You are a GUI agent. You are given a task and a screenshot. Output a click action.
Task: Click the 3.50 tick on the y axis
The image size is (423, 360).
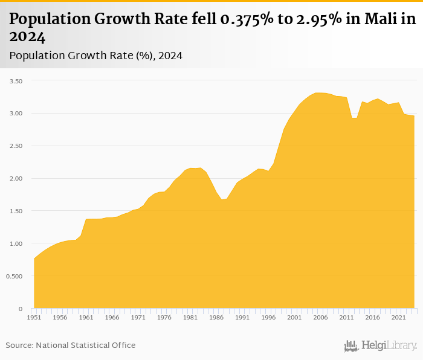(14, 81)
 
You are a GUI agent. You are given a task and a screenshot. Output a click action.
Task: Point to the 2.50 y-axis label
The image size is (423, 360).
(14, 146)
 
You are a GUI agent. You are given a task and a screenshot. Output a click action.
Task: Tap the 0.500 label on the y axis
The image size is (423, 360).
(13, 276)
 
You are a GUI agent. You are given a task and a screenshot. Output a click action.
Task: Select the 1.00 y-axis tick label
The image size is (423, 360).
(14, 243)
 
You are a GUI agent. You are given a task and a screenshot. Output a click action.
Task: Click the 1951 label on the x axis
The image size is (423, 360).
(34, 317)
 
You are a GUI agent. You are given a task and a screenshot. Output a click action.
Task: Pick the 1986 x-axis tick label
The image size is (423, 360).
(216, 317)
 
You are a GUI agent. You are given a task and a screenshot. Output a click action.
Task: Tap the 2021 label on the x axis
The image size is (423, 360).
(398, 317)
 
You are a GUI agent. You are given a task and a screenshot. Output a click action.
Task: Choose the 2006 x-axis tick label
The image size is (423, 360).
(320, 317)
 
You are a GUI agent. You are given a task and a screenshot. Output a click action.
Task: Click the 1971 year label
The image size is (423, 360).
(138, 317)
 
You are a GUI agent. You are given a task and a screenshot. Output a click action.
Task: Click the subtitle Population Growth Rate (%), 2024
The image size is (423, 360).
(96, 56)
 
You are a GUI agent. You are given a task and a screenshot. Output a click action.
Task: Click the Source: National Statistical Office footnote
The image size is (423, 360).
(71, 345)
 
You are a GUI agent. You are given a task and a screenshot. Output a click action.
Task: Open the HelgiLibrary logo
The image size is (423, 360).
(380, 346)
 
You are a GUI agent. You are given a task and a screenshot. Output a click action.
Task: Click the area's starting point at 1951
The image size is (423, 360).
(34, 259)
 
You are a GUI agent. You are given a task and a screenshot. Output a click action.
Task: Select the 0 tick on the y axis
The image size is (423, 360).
(20, 309)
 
